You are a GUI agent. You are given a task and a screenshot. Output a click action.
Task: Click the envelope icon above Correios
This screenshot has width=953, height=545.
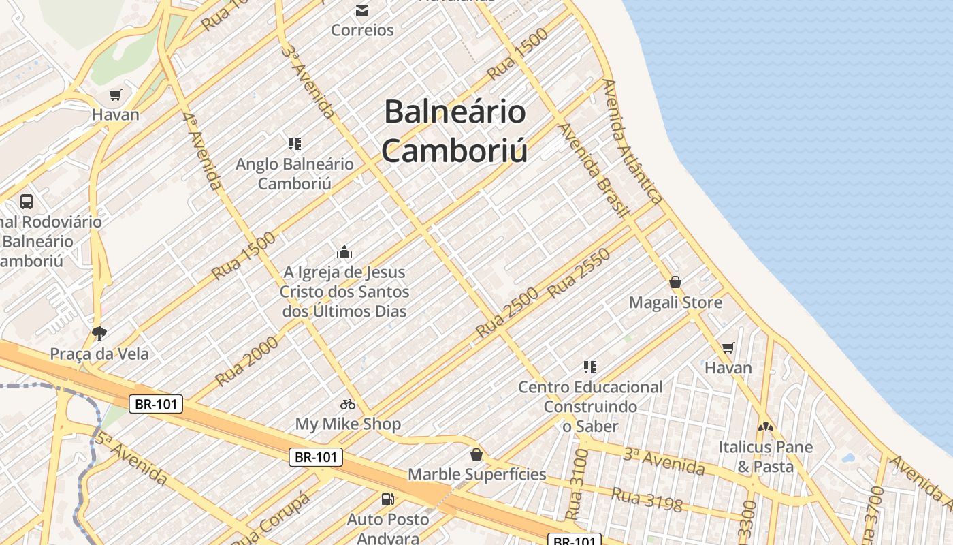tap(362, 10)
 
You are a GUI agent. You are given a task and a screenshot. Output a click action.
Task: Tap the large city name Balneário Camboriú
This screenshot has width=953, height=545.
tap(455, 131)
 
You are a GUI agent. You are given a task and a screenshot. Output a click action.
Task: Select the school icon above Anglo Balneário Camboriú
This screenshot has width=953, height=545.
tap(295, 143)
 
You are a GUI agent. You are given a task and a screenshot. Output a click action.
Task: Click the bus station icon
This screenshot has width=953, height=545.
tap(27, 201)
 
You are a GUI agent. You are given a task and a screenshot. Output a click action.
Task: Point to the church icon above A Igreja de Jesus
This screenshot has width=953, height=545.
tap(344, 252)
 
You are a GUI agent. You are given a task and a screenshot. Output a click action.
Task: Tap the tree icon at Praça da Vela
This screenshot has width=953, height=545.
tap(99, 333)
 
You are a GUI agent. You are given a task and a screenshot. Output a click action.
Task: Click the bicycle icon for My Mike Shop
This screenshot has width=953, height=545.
tap(348, 404)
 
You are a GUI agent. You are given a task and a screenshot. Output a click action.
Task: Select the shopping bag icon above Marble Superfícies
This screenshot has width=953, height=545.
tap(476, 454)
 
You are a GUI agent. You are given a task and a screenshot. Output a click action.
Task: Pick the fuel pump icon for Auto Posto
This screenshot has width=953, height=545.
tap(388, 499)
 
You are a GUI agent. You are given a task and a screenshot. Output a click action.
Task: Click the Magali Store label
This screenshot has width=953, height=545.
tap(675, 302)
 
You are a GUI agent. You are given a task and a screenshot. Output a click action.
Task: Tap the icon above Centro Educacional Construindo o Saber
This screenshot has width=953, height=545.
tap(590, 367)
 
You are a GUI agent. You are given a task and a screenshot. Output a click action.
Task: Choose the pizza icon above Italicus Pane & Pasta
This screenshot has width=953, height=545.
tap(766, 427)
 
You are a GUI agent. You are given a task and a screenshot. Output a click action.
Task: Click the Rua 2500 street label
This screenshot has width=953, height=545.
tap(507, 313)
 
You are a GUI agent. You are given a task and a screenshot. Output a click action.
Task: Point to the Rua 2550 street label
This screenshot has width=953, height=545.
tap(579, 273)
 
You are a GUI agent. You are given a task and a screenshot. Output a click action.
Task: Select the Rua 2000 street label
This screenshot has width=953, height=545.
tap(246, 361)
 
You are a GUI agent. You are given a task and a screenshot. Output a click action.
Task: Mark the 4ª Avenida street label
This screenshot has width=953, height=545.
tap(203, 151)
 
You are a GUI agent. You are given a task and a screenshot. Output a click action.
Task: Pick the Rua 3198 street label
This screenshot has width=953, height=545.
tap(647, 500)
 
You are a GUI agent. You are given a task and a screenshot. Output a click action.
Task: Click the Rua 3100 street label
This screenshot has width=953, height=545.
tap(575, 483)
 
